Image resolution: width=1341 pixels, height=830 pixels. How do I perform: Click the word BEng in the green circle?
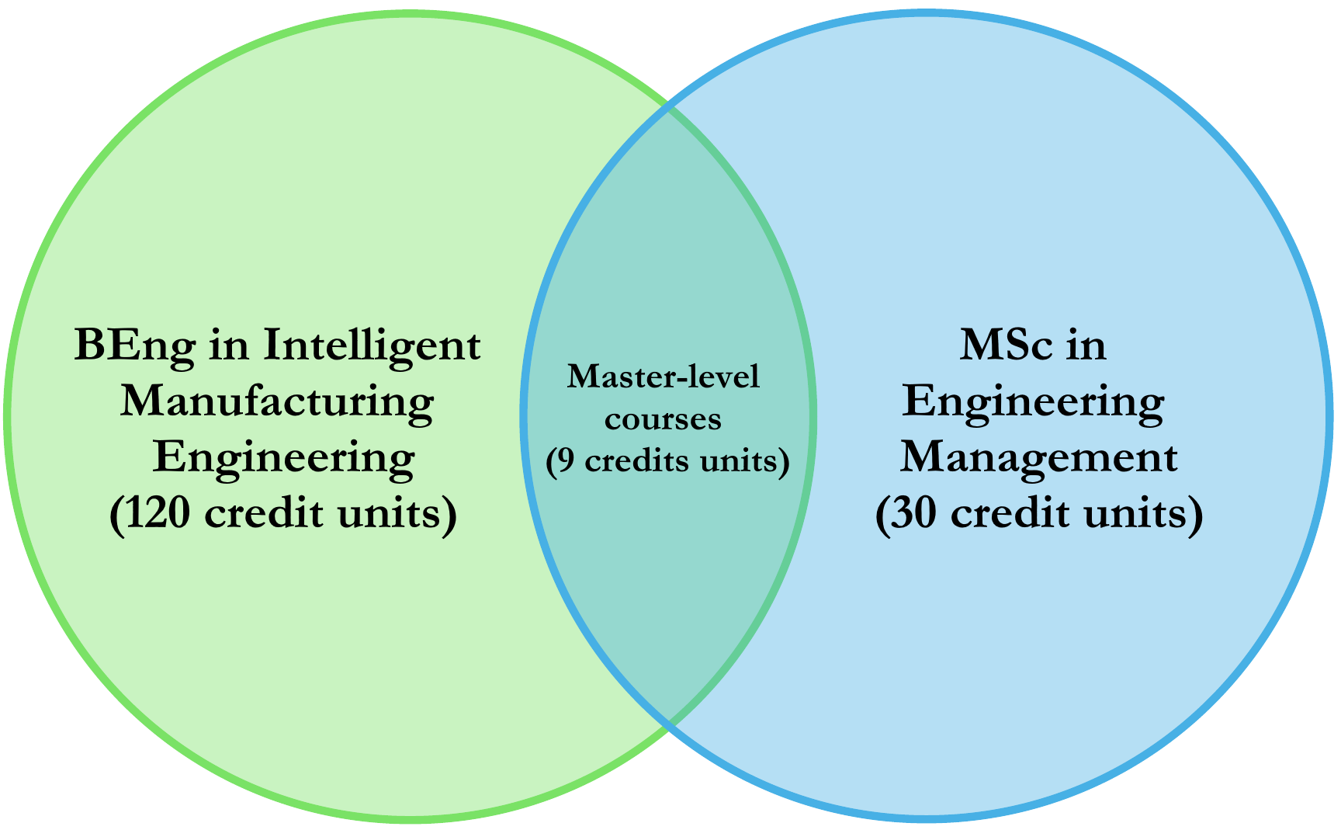134,346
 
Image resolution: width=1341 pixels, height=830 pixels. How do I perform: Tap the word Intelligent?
372,346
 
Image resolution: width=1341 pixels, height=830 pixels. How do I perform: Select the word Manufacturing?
277,402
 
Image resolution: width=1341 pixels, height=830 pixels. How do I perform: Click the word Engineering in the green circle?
283,458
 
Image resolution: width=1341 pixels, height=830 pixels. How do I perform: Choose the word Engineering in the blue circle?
1033,402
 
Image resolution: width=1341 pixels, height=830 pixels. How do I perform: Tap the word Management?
1038,458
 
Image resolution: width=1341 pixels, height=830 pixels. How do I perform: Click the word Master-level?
664,377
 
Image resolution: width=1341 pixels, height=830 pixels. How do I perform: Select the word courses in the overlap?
663,419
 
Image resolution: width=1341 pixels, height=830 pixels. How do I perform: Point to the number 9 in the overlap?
566,461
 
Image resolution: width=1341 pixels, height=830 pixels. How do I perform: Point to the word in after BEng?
229,346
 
